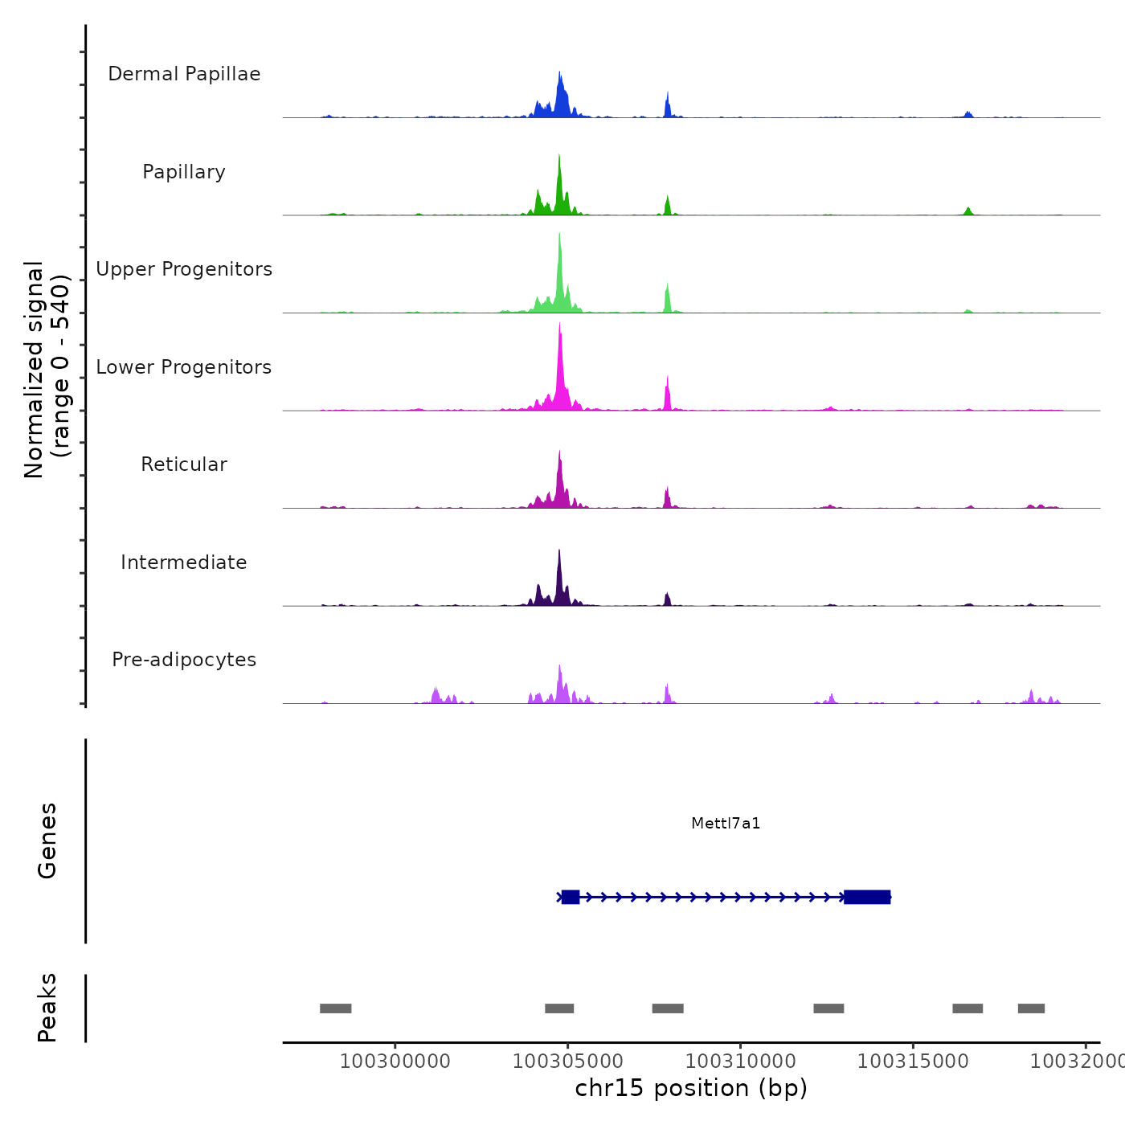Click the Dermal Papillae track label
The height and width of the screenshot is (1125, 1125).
(x=184, y=74)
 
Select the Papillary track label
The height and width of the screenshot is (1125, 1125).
(x=184, y=172)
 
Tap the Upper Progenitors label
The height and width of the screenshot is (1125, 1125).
(x=184, y=269)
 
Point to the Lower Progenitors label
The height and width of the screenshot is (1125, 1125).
(x=184, y=367)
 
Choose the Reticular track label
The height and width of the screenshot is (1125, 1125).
(x=184, y=464)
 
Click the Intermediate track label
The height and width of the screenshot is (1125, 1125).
(x=184, y=562)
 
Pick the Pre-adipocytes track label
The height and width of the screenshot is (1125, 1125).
(x=184, y=660)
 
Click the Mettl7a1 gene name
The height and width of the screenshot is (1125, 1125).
(x=726, y=823)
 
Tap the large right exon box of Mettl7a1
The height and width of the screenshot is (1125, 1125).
(x=867, y=897)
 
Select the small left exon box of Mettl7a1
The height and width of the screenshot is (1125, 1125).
(x=571, y=897)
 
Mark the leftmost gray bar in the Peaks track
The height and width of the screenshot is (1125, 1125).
(x=336, y=1008)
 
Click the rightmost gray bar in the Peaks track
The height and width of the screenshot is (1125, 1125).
(x=1031, y=1008)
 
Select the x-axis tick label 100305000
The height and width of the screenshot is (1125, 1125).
(x=568, y=1061)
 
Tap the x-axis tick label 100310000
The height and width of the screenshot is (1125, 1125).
(x=740, y=1061)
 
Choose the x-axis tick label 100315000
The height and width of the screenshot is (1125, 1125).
(x=913, y=1061)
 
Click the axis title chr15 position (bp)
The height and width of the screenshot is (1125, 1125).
(x=691, y=1088)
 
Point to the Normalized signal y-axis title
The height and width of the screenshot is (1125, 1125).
(x=47, y=370)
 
